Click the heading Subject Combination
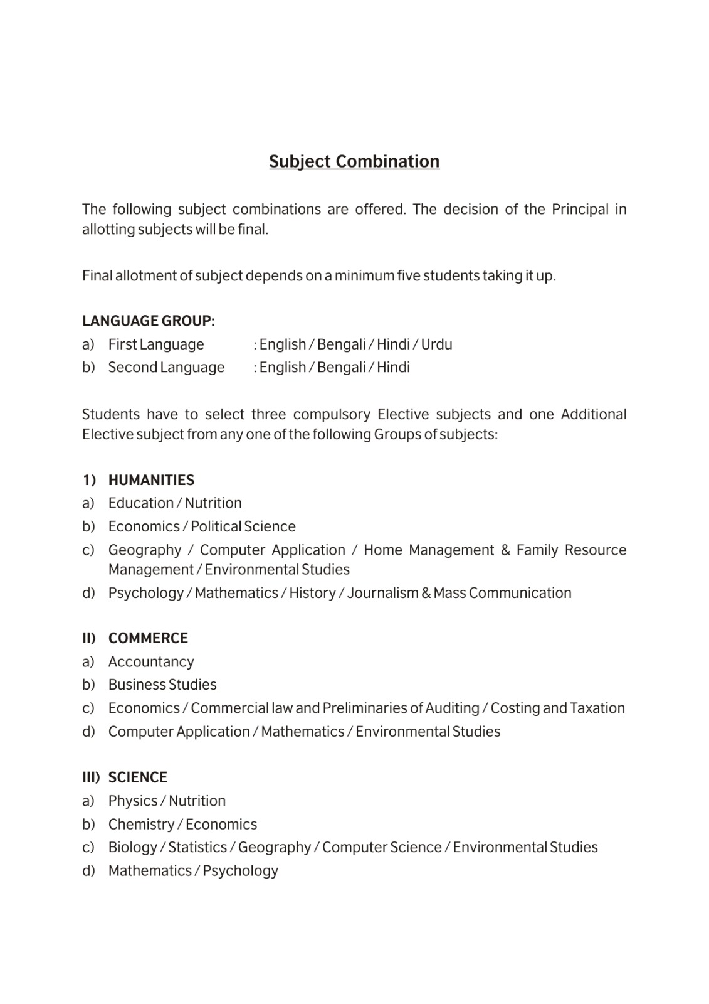click(x=354, y=161)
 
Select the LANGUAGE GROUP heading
click(x=149, y=321)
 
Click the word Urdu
click(x=436, y=344)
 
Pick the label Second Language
click(x=166, y=367)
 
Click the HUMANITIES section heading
click(x=151, y=480)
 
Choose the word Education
click(x=140, y=503)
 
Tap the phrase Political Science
click(x=243, y=526)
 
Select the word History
click(x=312, y=593)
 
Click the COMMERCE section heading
click(x=148, y=638)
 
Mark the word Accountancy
click(x=151, y=661)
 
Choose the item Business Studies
click(x=162, y=685)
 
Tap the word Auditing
click(x=452, y=708)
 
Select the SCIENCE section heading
click(x=138, y=777)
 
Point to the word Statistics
click(x=197, y=847)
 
